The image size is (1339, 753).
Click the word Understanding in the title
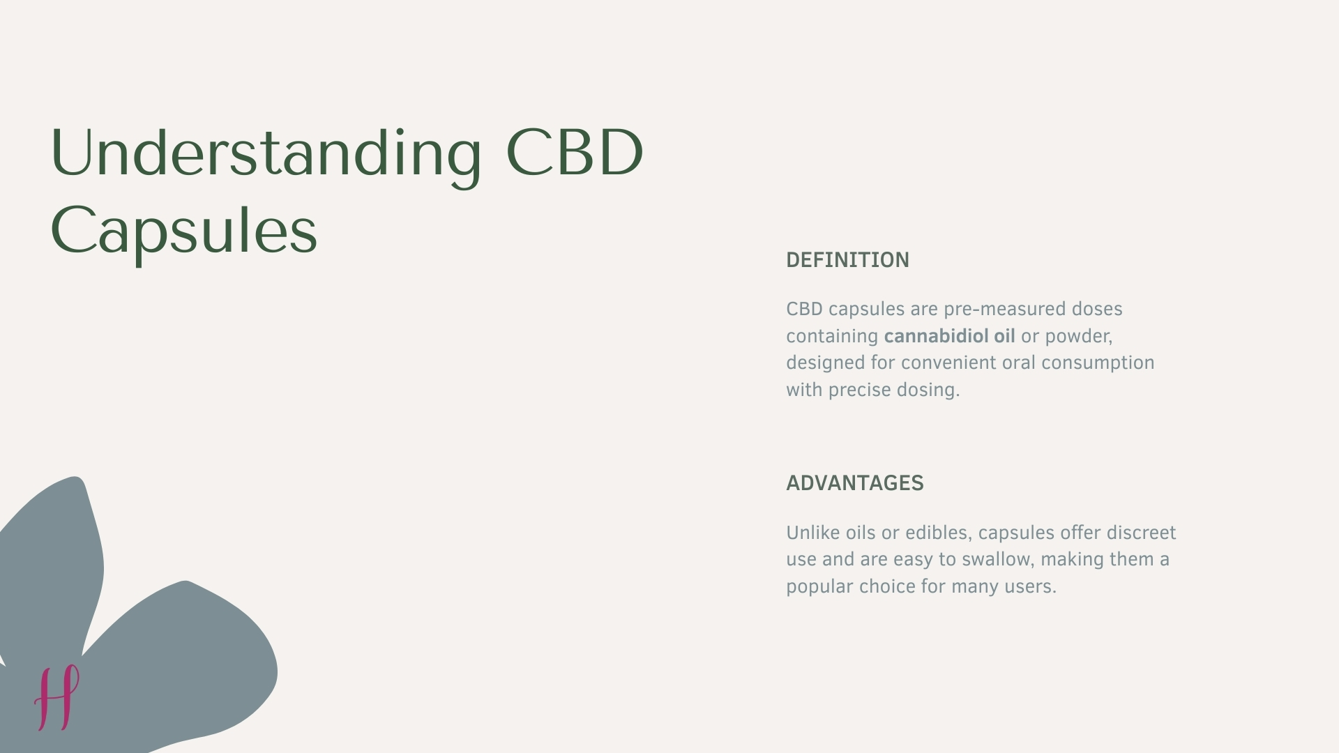(x=266, y=153)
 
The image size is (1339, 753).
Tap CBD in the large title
(x=574, y=153)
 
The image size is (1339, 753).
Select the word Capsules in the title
(x=184, y=231)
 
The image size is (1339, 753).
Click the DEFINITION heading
(x=847, y=260)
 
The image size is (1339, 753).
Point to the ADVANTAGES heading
(x=854, y=483)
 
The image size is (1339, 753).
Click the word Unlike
(x=812, y=533)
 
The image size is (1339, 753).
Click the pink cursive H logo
(x=57, y=697)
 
